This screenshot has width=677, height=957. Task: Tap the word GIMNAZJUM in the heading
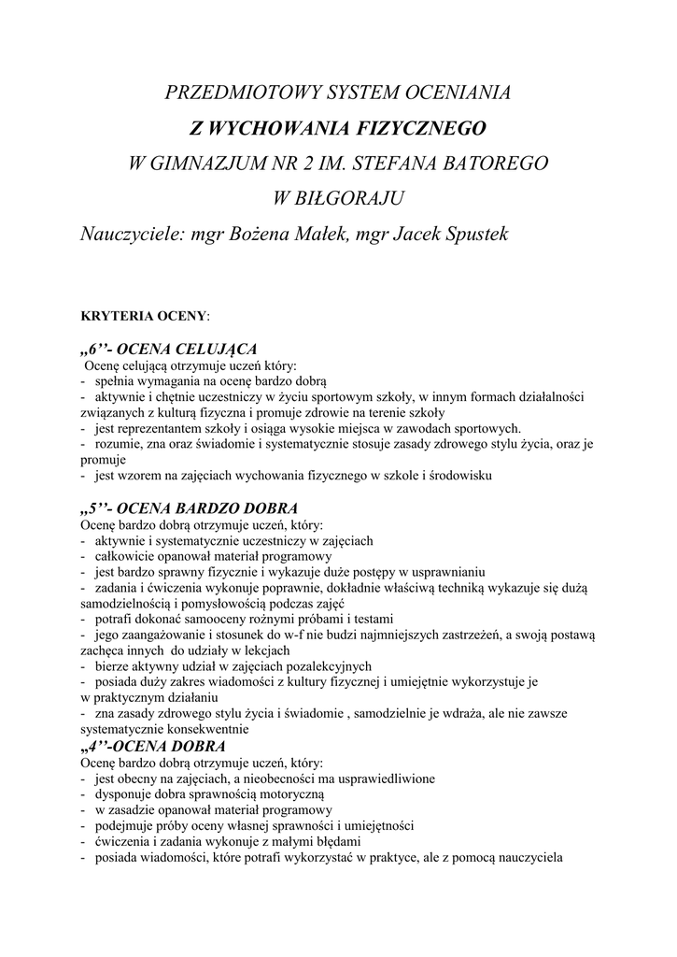tap(204, 163)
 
